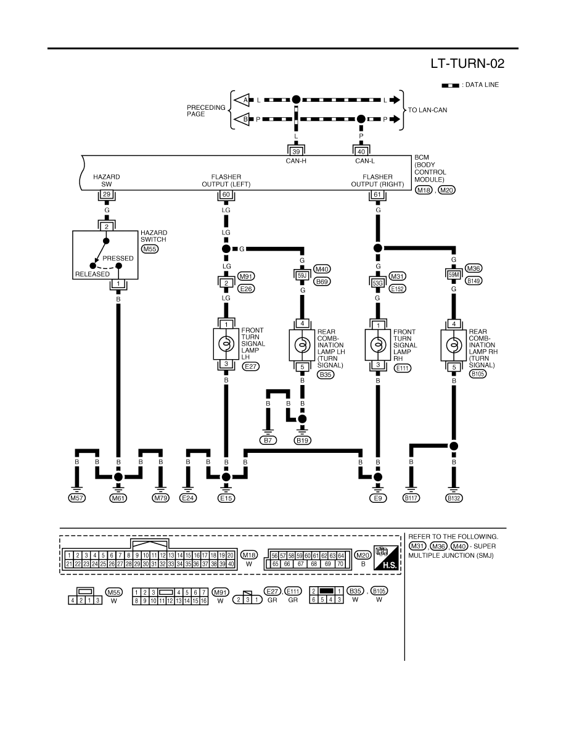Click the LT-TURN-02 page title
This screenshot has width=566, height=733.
(x=467, y=64)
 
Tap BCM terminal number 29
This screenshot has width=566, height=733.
(x=107, y=194)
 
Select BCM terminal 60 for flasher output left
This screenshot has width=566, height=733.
(x=226, y=194)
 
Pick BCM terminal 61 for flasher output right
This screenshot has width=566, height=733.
(x=377, y=194)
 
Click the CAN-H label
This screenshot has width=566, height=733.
(x=296, y=161)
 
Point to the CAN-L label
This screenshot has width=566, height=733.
(x=365, y=161)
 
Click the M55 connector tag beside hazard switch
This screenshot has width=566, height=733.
(x=149, y=249)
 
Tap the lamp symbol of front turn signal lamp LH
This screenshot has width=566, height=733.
(x=226, y=344)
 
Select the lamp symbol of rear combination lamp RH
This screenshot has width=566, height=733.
(x=453, y=346)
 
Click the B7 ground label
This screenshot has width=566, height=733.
(x=268, y=440)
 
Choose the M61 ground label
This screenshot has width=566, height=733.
(x=118, y=498)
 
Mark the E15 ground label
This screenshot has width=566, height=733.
(x=226, y=498)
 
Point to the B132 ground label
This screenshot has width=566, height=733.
(x=453, y=498)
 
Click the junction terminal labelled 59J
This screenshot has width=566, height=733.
(x=302, y=276)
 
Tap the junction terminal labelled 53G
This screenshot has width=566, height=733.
(x=377, y=283)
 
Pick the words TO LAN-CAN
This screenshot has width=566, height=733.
(x=427, y=110)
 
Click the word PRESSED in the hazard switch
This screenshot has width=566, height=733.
(x=118, y=258)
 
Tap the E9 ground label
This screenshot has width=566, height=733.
(x=377, y=498)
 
